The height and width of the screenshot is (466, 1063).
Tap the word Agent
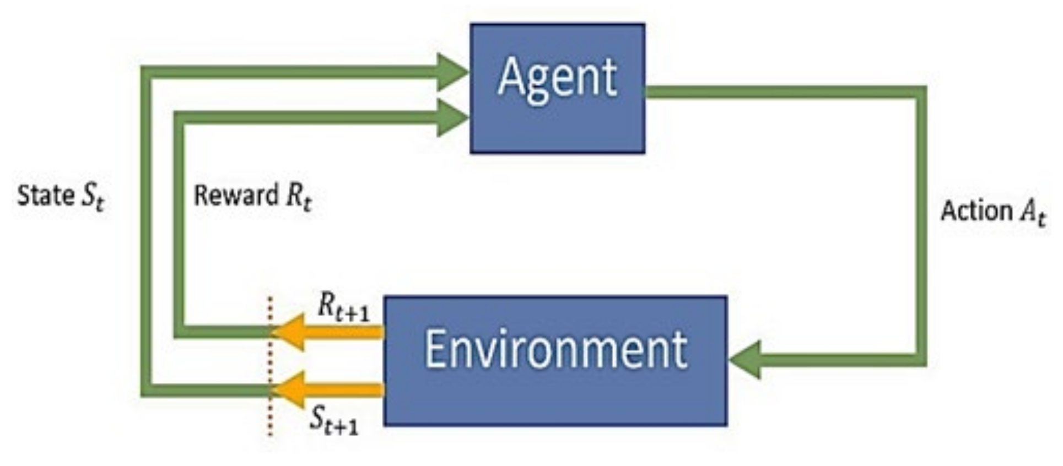point(557,78)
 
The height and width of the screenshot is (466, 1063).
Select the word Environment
point(555,349)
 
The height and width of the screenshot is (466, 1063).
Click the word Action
point(976,210)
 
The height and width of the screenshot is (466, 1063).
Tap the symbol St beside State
point(93,197)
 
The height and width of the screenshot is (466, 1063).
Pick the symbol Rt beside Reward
point(298,197)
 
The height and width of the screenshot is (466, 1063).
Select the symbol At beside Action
point(1033,212)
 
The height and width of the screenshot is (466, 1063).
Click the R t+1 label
point(343,307)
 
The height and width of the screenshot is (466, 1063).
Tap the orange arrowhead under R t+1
point(289,332)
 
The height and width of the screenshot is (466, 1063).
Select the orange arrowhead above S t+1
point(289,390)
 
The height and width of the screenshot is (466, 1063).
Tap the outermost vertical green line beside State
point(147,231)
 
